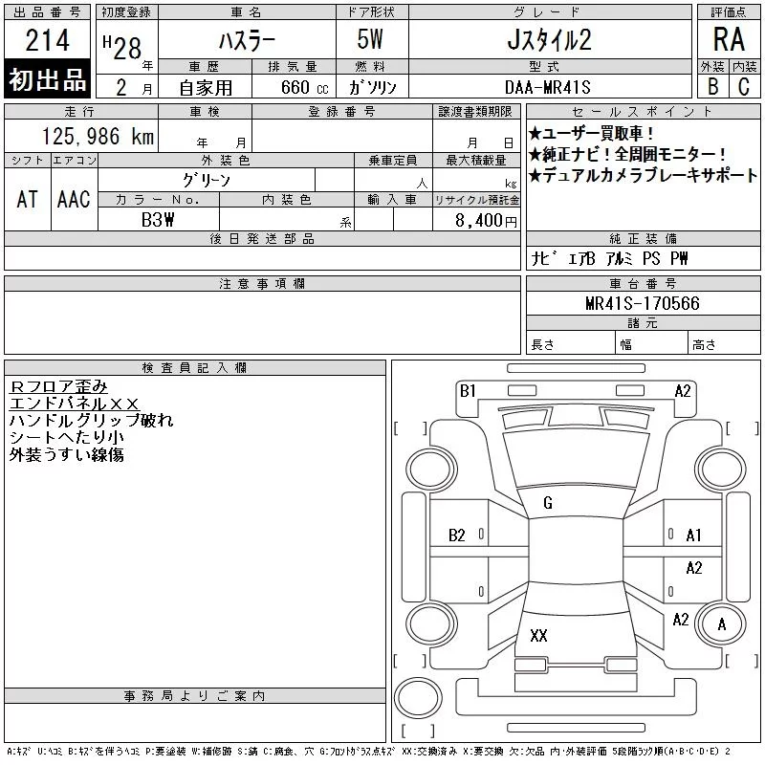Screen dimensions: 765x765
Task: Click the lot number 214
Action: click(47, 40)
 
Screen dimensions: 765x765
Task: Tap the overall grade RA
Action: click(729, 39)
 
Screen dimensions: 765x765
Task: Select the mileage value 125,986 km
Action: click(98, 136)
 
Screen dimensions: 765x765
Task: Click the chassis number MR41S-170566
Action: click(642, 303)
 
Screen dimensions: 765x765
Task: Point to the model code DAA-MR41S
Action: click(547, 87)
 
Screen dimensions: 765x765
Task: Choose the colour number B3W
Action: click(158, 220)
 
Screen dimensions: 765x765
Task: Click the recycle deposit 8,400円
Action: click(486, 221)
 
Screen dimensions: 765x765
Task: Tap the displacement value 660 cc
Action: click(304, 87)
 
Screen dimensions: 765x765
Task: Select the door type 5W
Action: click(370, 39)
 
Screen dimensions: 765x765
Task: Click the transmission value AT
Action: click(27, 199)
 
